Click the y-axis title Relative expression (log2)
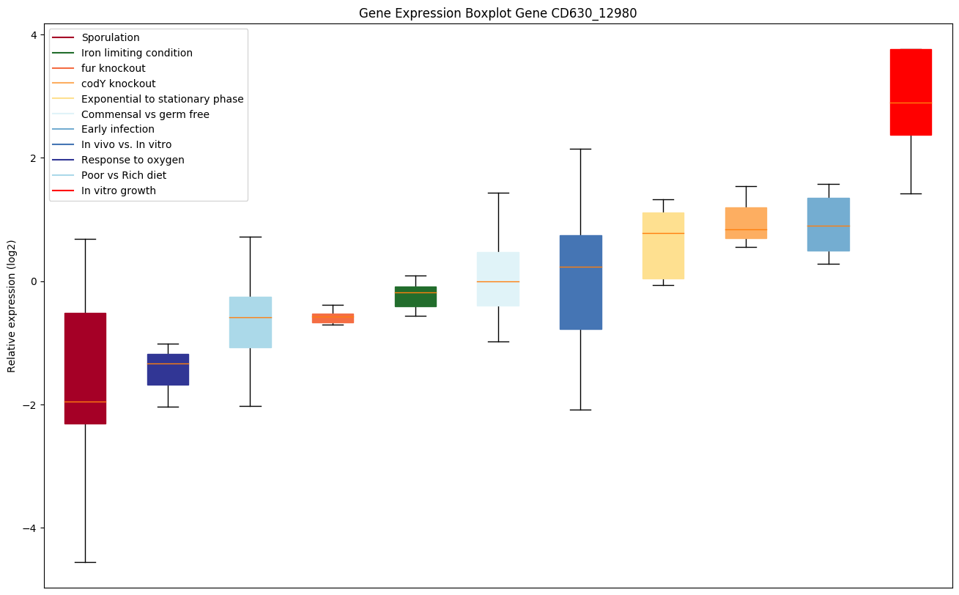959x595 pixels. click(x=12, y=306)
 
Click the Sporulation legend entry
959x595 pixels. click(x=111, y=37)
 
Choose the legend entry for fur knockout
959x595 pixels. click(x=114, y=68)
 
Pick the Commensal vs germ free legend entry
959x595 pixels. click(x=145, y=114)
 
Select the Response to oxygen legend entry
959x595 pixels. click(x=133, y=160)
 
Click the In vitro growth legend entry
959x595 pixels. click(x=119, y=191)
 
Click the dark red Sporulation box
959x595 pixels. click(x=85, y=359)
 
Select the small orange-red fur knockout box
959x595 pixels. click(x=333, y=318)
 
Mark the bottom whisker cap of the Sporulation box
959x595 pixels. click(x=85, y=562)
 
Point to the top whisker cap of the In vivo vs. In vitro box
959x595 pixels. click(x=580, y=149)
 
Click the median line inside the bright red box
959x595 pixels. click(x=911, y=103)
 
